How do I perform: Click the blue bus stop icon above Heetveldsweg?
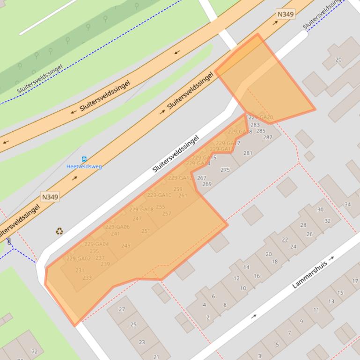pyautogui.click(x=84, y=159)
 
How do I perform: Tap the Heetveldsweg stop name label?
pyautogui.click(x=84, y=166)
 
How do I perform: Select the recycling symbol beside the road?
pyautogui.click(x=59, y=230)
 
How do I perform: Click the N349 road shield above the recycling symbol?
pyautogui.click(x=50, y=197)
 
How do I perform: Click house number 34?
pyautogui.click(x=347, y=204)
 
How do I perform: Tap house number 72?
pyautogui.click(x=34, y=351)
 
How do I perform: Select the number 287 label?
pyautogui.click(x=267, y=137)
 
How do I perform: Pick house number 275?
pyautogui.click(x=225, y=170)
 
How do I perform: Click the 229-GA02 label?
pyautogui.click(x=78, y=259)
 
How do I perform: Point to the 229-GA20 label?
pyautogui.click(x=260, y=117)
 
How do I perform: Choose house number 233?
pyautogui.click(x=87, y=277)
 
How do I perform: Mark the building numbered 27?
pyautogui.click(x=122, y=310)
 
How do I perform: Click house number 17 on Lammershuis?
pyautogui.click(x=355, y=281)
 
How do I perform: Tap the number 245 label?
pyautogui.click(x=125, y=245)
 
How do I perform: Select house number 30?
pyautogui.click(x=320, y=209)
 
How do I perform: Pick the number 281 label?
pyautogui.click(x=248, y=153)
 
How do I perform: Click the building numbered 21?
pyautogui.click(x=155, y=357)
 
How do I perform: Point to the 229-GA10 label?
pyautogui.click(x=159, y=195)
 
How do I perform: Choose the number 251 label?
pyautogui.click(x=146, y=231)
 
